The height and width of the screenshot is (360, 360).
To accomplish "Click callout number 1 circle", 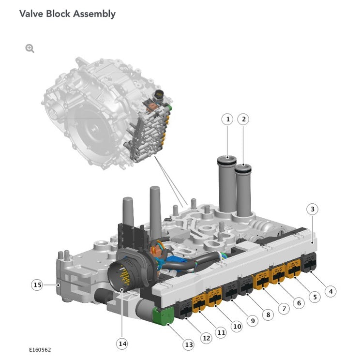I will point(227,119).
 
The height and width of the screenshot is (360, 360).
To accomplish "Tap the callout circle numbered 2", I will point(243,119).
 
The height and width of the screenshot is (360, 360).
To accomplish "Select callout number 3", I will point(313,210).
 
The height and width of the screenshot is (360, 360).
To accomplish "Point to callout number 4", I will point(330,291).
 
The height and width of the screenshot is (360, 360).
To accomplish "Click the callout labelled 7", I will point(283,308).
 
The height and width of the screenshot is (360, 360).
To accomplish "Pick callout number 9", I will point(252,320).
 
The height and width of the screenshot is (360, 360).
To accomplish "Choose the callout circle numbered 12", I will point(207,338).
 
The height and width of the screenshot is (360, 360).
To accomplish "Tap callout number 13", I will point(188,344).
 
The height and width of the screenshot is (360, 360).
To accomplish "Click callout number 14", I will point(122,344).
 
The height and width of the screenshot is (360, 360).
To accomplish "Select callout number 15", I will point(37,285).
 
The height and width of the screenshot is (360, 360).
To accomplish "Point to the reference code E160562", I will point(40,349).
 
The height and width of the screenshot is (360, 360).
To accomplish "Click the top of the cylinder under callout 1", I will point(227,159).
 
